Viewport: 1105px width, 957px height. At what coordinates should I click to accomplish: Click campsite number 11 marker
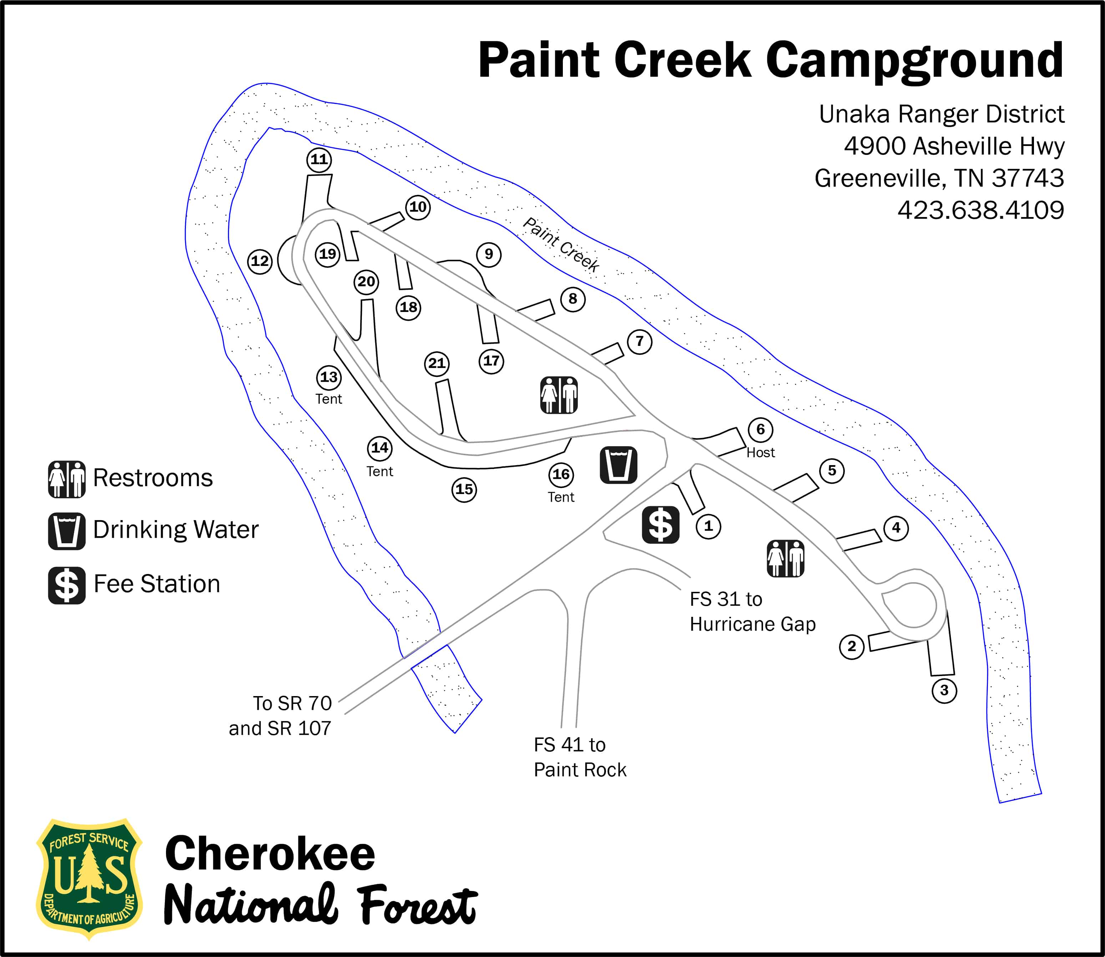[x=319, y=160]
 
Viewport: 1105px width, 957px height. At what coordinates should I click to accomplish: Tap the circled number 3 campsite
[x=944, y=690]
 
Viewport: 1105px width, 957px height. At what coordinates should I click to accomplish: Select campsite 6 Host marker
[x=760, y=429]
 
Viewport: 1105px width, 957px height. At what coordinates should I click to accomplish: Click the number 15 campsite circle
[x=464, y=489]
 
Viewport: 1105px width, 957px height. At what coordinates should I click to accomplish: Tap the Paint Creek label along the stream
[x=561, y=245]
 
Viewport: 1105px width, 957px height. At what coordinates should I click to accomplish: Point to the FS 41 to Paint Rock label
[x=580, y=757]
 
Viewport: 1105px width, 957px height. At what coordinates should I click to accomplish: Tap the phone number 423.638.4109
[x=980, y=210]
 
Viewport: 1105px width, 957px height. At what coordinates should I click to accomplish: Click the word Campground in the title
[x=914, y=60]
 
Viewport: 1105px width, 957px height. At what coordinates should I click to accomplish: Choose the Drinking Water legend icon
[x=67, y=532]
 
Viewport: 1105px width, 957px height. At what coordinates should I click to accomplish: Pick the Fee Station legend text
[x=156, y=584]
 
